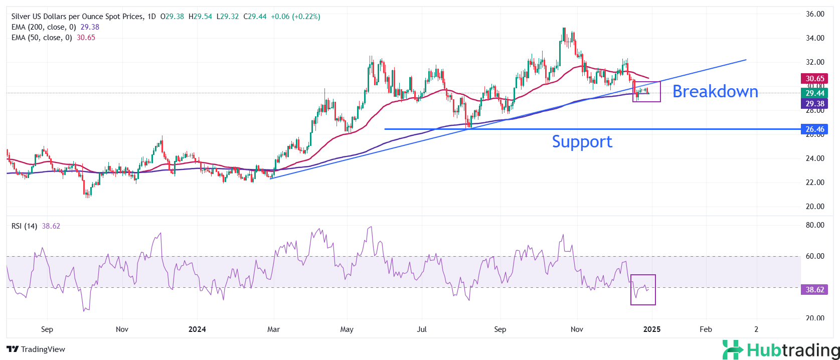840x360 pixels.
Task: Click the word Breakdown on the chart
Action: (x=715, y=91)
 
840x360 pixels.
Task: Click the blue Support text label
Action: (x=582, y=142)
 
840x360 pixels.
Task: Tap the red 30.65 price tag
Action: (x=815, y=79)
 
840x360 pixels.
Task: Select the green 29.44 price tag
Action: (x=815, y=93)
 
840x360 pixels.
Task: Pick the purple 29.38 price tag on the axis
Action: (x=815, y=104)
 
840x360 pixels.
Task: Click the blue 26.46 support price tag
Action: (x=815, y=129)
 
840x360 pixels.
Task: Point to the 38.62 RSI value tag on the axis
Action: (x=815, y=290)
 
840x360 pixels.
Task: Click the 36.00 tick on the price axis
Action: (x=815, y=14)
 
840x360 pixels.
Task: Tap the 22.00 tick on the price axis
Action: (x=815, y=183)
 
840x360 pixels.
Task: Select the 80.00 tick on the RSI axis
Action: (x=815, y=225)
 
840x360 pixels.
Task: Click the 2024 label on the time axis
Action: (x=197, y=329)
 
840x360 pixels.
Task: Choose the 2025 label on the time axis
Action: (x=651, y=329)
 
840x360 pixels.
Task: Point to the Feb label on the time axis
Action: (x=706, y=329)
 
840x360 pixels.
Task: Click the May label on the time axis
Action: (x=347, y=329)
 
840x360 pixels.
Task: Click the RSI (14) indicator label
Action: (x=24, y=226)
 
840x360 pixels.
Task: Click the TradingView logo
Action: (x=36, y=349)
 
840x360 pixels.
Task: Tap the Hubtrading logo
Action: (x=781, y=349)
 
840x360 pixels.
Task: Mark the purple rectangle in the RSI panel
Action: (x=643, y=290)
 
